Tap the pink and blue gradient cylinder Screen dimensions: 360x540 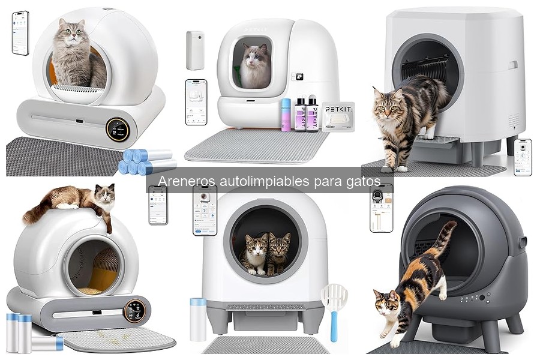point(286,114)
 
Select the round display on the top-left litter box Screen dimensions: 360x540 point(118,129)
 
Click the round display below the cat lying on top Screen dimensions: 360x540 point(134,310)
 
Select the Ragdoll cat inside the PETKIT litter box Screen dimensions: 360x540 point(254,67)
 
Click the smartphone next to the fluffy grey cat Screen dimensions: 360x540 point(20,34)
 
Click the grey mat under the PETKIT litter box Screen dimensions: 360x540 point(256,146)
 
